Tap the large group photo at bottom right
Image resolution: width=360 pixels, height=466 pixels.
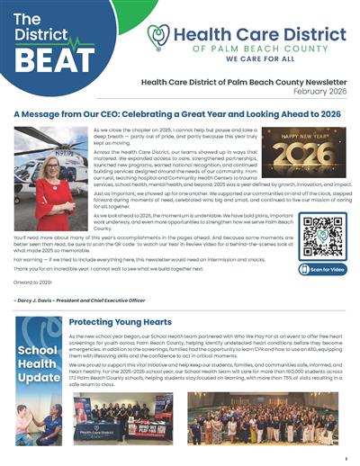[287, 418]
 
